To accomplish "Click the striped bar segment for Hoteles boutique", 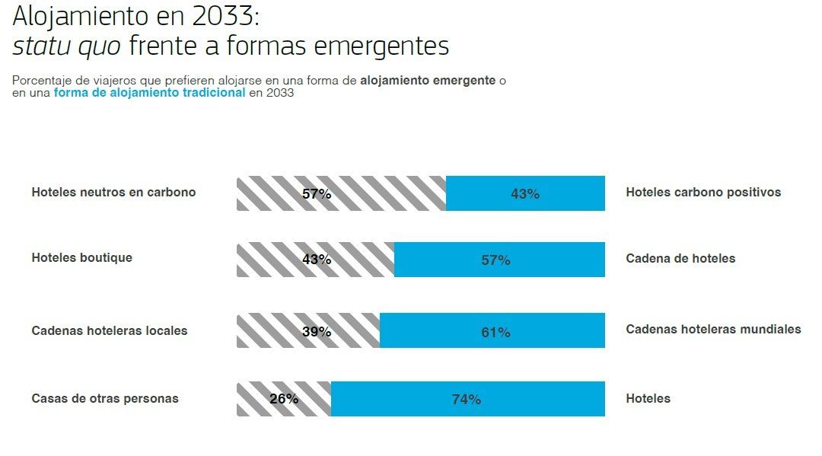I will pyautogui.click(x=315, y=260).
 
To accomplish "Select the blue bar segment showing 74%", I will pyautogui.click(x=467, y=399).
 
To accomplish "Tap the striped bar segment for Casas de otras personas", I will pyautogui.click(x=283, y=399).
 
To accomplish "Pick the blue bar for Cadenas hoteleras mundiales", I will pyautogui.click(x=492, y=330).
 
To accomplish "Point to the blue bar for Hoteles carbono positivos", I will pyautogui.click(x=525, y=193).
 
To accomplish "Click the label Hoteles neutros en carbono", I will pyautogui.click(x=113, y=193).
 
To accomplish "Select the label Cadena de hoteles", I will pyautogui.click(x=680, y=259).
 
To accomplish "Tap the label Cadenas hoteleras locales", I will pyautogui.click(x=110, y=331).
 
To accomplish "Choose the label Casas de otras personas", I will pyautogui.click(x=105, y=399).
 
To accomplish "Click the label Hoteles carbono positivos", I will pyautogui.click(x=703, y=193).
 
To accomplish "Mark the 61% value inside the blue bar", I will pyautogui.click(x=495, y=333).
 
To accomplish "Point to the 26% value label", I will pyautogui.click(x=284, y=399).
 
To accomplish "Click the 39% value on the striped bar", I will pyautogui.click(x=316, y=332).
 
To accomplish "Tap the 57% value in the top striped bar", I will pyautogui.click(x=317, y=194).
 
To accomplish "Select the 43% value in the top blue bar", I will pyautogui.click(x=525, y=194).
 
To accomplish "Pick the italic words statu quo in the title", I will pyautogui.click(x=66, y=46).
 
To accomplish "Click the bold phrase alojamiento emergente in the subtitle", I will pyautogui.click(x=428, y=80).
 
